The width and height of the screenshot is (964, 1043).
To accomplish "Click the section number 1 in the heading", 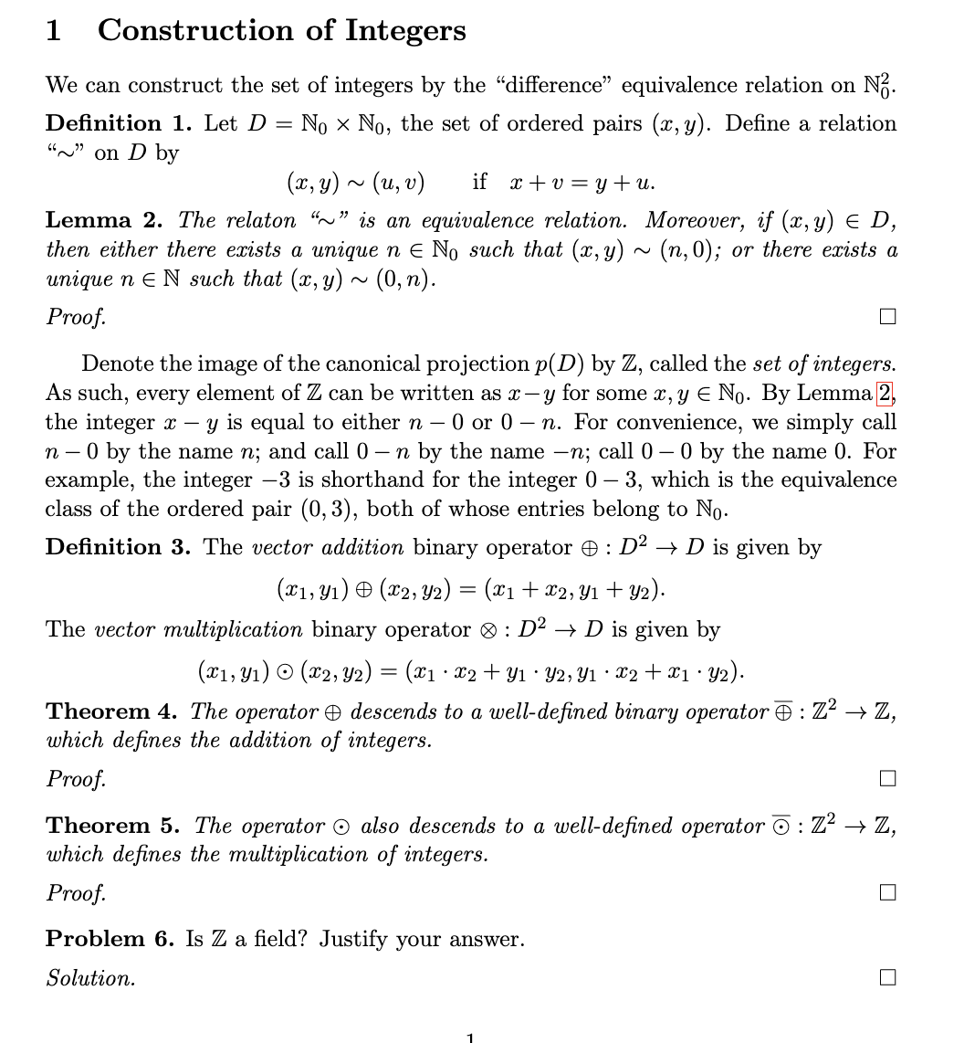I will (x=54, y=30).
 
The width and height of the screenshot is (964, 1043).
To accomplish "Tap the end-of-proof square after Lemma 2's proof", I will (x=887, y=317).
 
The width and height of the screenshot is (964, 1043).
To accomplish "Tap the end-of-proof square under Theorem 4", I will (x=887, y=779).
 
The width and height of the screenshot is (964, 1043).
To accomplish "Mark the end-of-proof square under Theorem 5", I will (x=887, y=893).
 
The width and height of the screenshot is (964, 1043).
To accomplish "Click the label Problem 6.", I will (x=110, y=939).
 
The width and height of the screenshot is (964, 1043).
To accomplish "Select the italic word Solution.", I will (x=90, y=978).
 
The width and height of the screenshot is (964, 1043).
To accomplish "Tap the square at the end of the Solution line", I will (x=887, y=977).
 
